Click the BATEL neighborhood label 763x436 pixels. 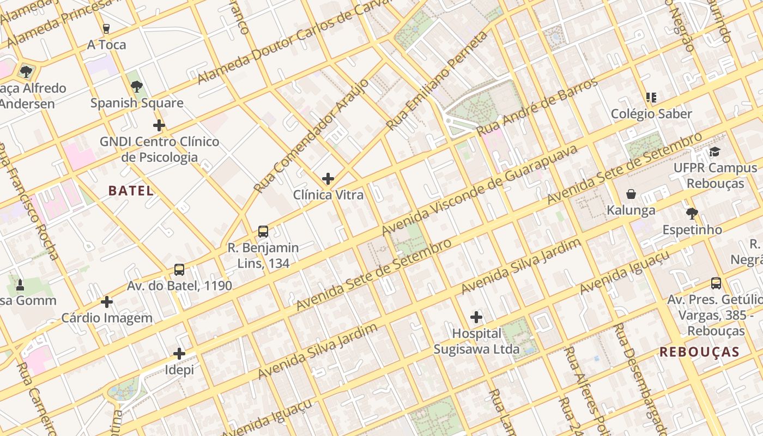point(131,191)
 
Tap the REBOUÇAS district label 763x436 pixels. point(699,352)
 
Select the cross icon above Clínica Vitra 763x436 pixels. point(328,179)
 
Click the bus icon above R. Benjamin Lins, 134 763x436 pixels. point(263,232)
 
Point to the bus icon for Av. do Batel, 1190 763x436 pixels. point(179,270)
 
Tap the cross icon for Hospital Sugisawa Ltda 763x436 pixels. point(476,317)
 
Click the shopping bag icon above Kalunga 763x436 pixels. point(631,194)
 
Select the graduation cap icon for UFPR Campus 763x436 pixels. point(714,152)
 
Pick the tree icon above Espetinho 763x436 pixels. point(692,213)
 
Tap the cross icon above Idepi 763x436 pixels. point(179,354)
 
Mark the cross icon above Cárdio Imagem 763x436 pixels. point(107,301)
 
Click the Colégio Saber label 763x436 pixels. point(651,114)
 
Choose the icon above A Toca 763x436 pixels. point(106,28)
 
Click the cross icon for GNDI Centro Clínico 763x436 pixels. point(159,126)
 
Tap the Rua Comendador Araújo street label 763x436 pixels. point(311,136)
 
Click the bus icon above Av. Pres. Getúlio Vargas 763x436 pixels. point(716,283)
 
